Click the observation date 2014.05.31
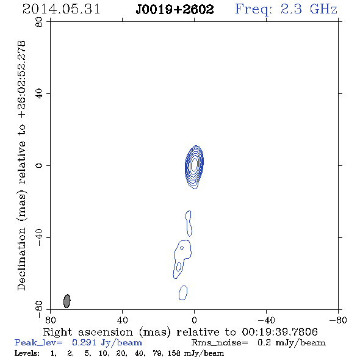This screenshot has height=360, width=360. [61, 9]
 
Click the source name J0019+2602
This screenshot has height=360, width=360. [175, 10]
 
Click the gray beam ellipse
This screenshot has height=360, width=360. [67, 301]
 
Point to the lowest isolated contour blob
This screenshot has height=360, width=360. [183, 293]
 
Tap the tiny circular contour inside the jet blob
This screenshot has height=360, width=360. [182, 248]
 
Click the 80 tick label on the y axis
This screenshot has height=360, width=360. [39, 23]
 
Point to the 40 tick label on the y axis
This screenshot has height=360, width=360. [39, 94]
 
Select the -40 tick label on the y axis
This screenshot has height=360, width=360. [39, 237]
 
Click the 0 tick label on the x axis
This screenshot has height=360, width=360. [194, 320]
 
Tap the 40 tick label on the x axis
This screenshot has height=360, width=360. [122, 320]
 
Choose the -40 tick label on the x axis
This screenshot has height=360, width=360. [266, 320]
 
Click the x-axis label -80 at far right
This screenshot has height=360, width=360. [338, 320]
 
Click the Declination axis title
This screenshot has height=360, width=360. [22, 166]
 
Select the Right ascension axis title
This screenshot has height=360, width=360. [181, 332]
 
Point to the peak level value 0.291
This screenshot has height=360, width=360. [84, 342]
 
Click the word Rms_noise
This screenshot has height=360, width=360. [220, 343]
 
